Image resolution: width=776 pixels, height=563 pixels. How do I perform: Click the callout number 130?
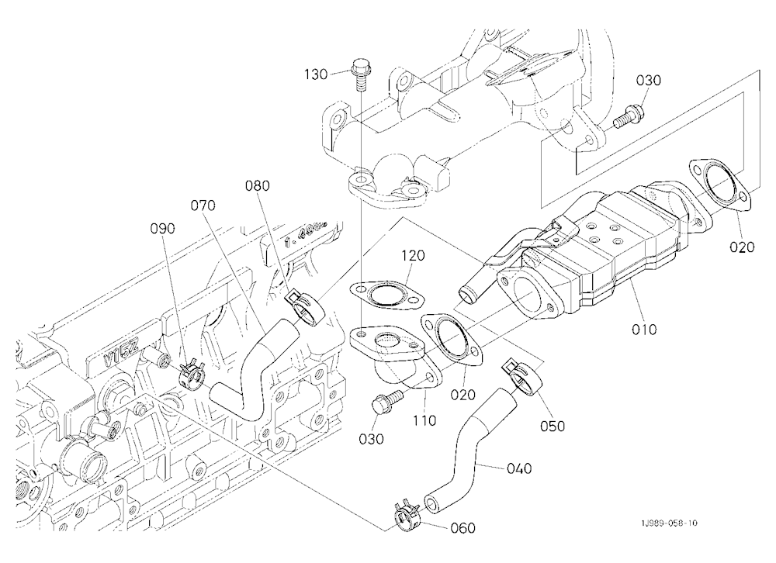click(316, 74)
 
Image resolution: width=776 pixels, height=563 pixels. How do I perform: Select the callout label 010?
click(644, 329)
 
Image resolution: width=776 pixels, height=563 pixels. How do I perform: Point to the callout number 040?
click(519, 468)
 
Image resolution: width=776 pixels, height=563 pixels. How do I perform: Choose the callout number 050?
click(553, 426)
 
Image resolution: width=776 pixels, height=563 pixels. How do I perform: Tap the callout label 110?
click(425, 420)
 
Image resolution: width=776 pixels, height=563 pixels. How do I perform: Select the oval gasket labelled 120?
click(387, 297)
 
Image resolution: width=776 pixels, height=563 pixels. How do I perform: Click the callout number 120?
click(413, 256)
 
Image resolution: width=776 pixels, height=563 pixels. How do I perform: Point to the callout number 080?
click(258, 186)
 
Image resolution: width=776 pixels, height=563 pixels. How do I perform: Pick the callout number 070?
click(203, 205)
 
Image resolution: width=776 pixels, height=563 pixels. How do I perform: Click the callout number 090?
click(163, 229)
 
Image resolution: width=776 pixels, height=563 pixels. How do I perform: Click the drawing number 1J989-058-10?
click(669, 523)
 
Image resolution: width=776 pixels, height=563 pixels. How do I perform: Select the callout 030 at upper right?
click(648, 80)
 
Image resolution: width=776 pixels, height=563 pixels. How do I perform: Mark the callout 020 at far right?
click(742, 247)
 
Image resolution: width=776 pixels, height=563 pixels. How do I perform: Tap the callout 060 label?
click(462, 528)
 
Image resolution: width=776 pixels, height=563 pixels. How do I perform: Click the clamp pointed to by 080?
click(305, 307)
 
